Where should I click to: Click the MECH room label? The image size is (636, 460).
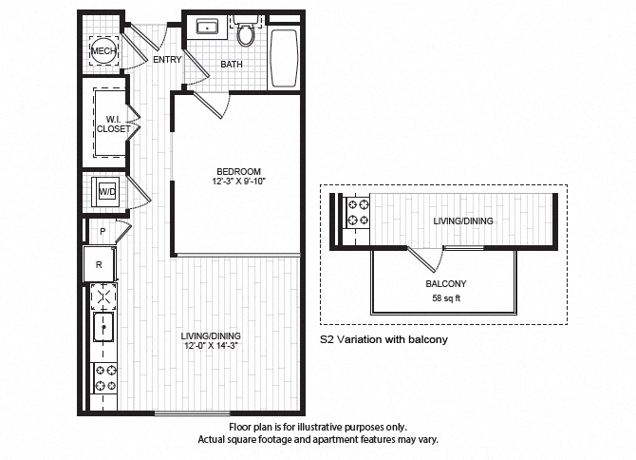click(103, 51)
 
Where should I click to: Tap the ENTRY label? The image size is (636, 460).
click(167, 60)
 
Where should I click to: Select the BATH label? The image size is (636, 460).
click(232, 65)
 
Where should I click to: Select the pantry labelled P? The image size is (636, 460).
click(101, 231)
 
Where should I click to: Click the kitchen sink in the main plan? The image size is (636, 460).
click(103, 330)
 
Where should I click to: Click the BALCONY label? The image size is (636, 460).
click(445, 283)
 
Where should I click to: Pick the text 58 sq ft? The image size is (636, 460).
click(445, 297)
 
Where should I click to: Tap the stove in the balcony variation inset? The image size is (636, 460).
click(359, 212)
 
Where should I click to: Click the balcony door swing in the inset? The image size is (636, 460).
click(432, 257)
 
